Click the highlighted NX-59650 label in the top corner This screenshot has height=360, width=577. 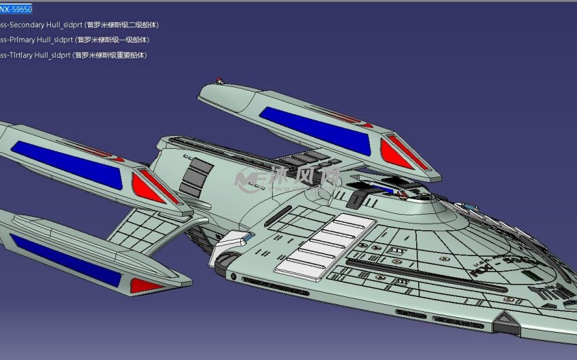click(16, 10)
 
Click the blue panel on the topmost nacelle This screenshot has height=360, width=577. click(316, 129)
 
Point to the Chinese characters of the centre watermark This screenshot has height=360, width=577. click(305, 178)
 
